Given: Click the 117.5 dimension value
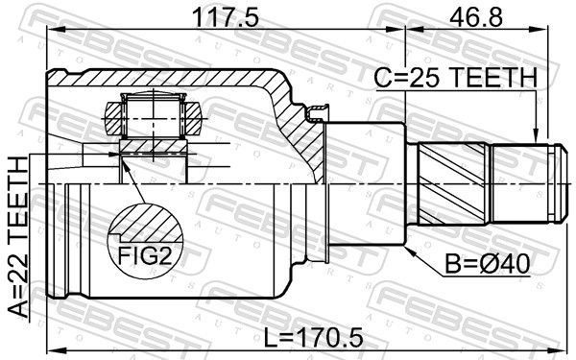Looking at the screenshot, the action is [x=226, y=17].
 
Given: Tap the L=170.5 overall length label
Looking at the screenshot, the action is [x=314, y=337].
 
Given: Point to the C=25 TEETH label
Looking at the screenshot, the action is [x=455, y=78].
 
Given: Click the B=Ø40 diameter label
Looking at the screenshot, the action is [x=488, y=264].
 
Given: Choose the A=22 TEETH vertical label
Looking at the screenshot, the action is [x=18, y=236].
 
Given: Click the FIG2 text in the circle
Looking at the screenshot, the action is [x=145, y=255].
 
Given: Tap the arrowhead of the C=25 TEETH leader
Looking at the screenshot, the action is [x=536, y=136].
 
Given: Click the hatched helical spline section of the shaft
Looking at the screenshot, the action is [x=452, y=183].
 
